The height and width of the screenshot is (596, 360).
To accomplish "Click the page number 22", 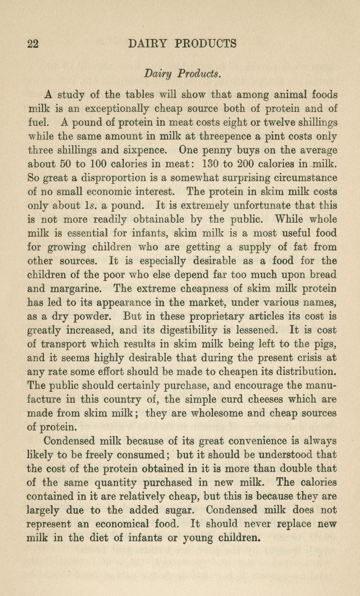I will (x=33, y=44).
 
